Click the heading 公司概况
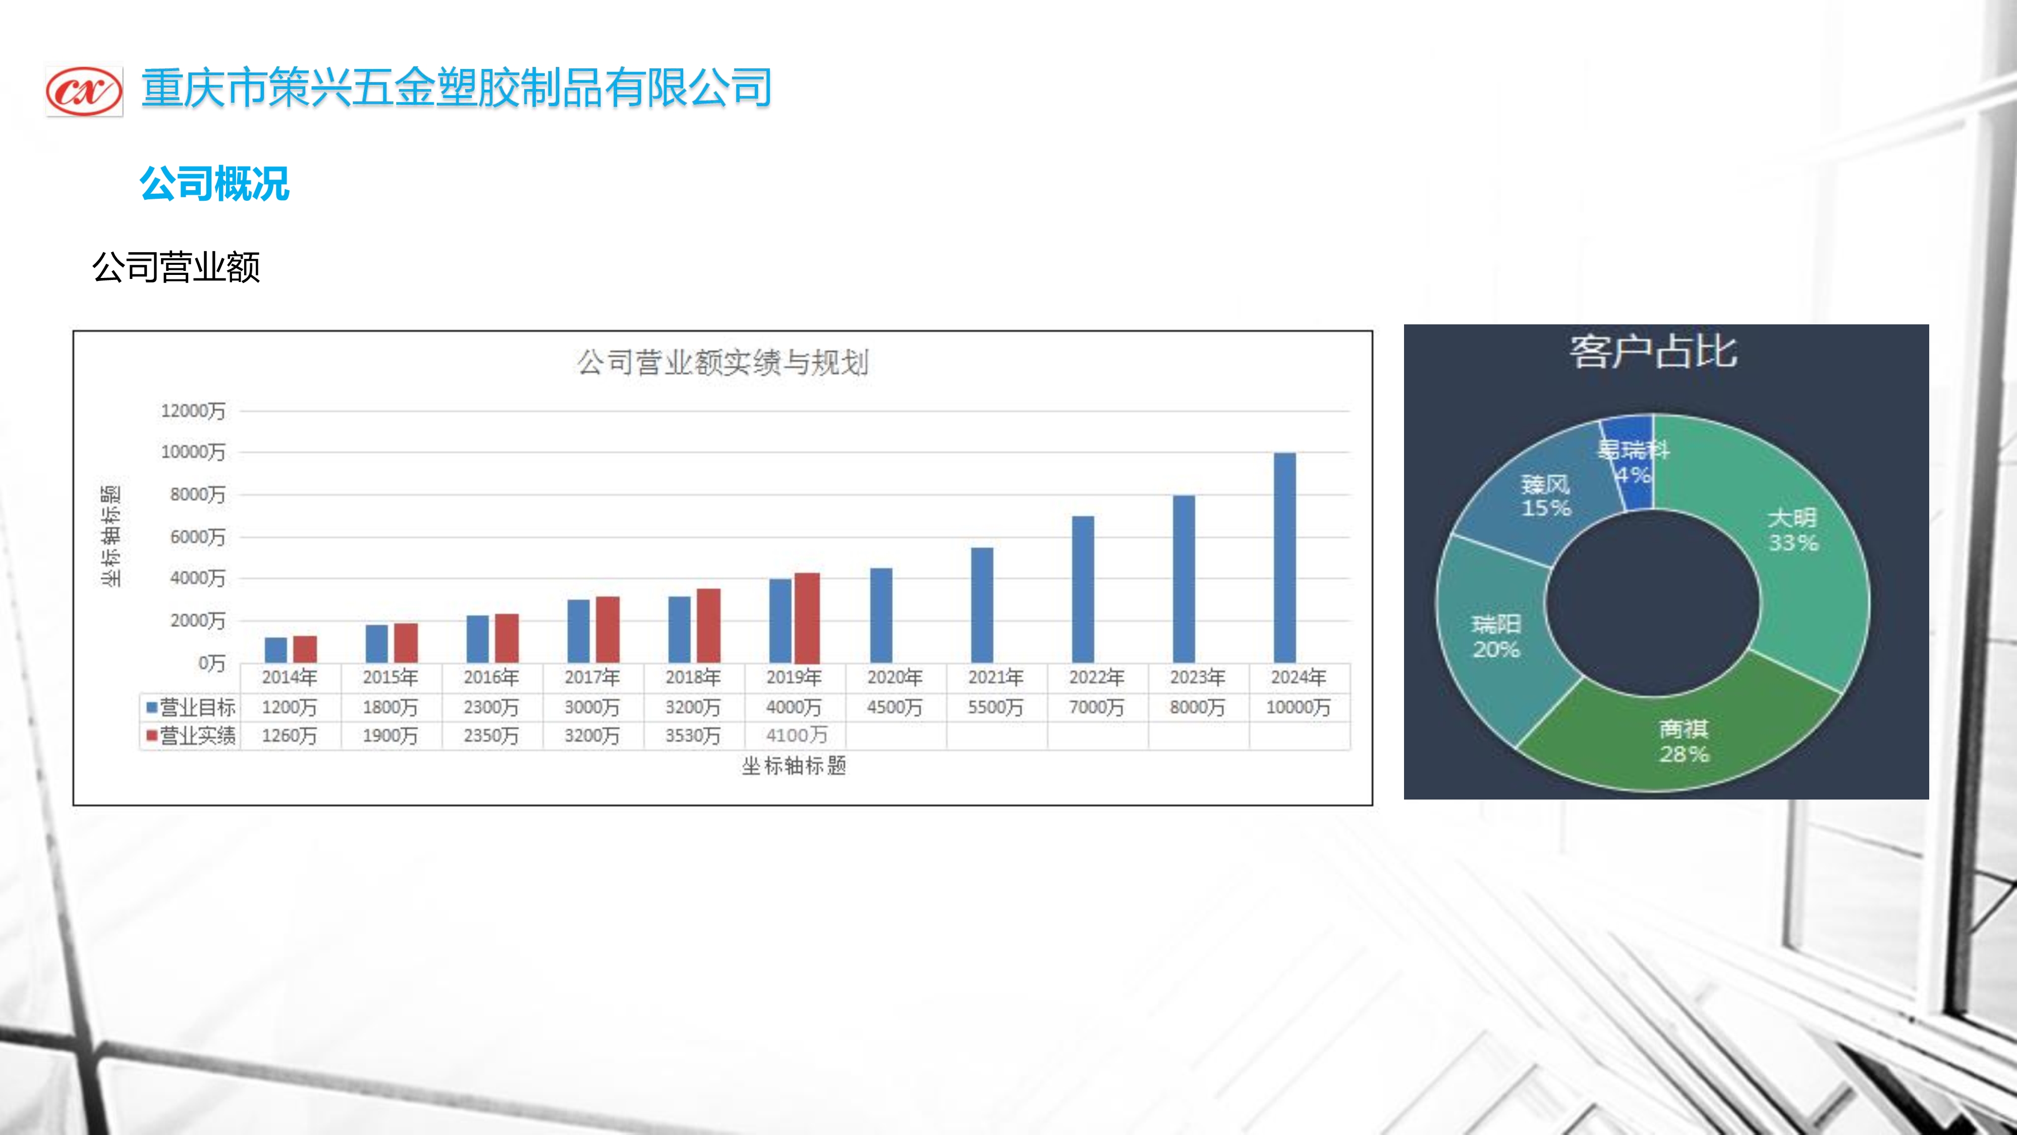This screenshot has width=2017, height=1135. click(x=214, y=185)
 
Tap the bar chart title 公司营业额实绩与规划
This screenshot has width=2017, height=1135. click(x=723, y=362)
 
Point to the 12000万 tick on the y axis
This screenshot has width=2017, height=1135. click(x=193, y=411)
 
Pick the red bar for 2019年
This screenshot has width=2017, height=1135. click(x=807, y=618)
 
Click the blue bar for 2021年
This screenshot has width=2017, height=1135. click(x=982, y=605)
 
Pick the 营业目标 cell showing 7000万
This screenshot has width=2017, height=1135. click(x=1096, y=708)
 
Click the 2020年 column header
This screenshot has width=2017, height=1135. click(x=894, y=677)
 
